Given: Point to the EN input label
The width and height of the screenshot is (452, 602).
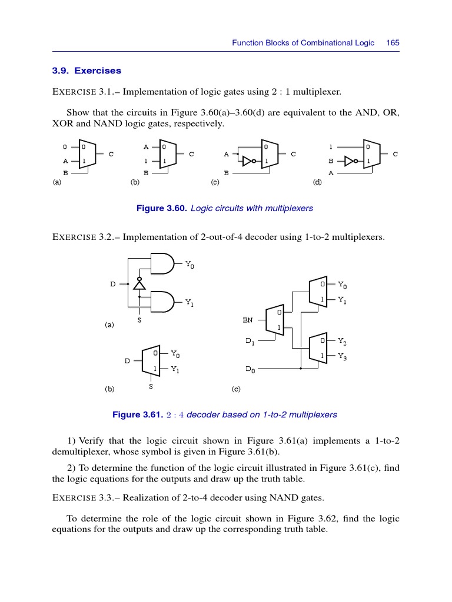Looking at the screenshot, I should pos(248,320).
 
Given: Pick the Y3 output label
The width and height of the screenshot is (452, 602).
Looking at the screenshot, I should pos(343,356).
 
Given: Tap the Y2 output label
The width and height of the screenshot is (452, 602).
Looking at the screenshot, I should pos(343,341).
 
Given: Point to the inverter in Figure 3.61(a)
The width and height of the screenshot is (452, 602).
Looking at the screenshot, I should pos(139,284).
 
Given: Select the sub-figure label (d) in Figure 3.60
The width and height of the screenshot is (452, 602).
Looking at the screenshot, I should pos(317,183).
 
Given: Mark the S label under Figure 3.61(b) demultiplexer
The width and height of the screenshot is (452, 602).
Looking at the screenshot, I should pos(151,387).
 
